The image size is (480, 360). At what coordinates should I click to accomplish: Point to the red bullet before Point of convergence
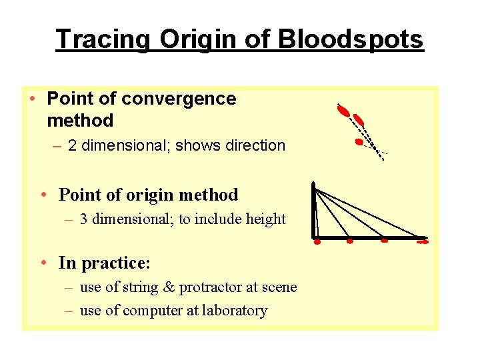[32, 99]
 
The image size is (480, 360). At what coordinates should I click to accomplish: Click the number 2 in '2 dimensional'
[72, 145]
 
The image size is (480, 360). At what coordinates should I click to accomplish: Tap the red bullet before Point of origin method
[42, 195]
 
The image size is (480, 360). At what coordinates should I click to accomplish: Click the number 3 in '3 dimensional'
[84, 219]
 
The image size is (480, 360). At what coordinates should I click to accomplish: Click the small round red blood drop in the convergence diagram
[359, 142]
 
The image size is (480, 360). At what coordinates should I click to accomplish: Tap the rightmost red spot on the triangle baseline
[422, 242]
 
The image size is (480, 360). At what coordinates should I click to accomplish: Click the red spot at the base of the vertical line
[317, 242]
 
